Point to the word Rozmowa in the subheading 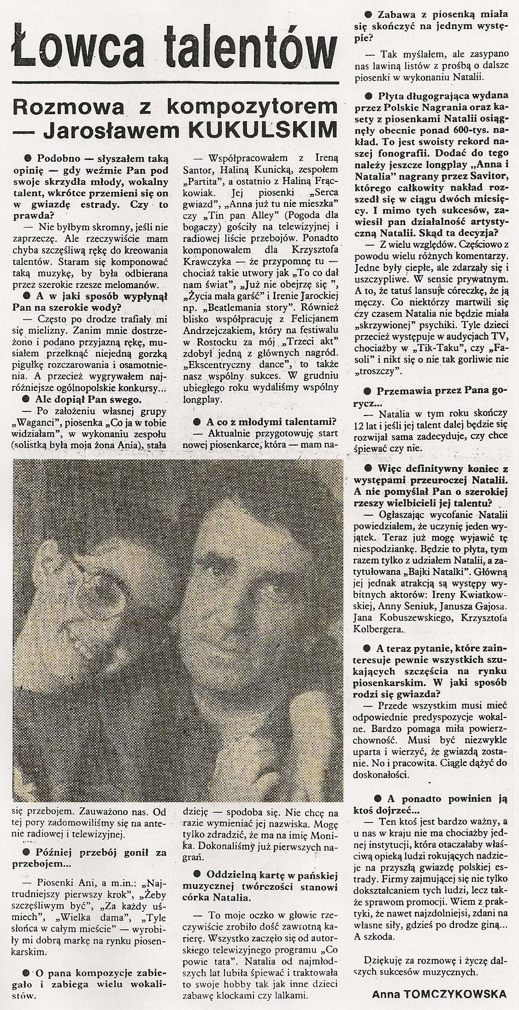pos(73,107)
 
